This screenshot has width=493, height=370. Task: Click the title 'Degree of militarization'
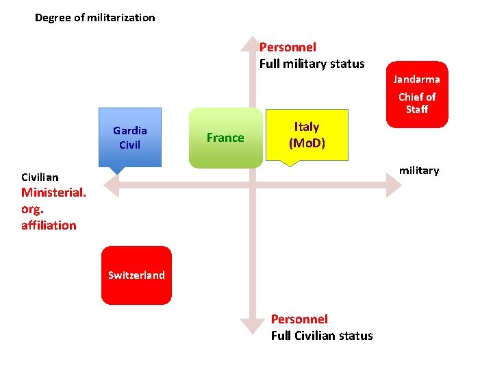point(95,18)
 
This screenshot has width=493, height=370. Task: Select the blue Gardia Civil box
point(130,137)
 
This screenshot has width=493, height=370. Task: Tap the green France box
point(225,138)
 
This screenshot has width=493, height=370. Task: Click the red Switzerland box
point(136,275)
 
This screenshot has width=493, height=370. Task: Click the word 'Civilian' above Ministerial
point(40,177)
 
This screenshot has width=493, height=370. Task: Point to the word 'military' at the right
point(419,171)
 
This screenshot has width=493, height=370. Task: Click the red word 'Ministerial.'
point(53,193)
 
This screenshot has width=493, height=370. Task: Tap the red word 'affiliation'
point(49,225)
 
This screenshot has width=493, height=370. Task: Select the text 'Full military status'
point(312,64)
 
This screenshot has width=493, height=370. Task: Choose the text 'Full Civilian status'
point(322,336)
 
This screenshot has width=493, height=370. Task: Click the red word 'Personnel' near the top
point(288,47)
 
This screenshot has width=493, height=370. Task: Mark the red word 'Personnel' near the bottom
point(299,319)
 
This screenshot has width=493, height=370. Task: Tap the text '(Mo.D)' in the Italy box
point(307,143)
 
